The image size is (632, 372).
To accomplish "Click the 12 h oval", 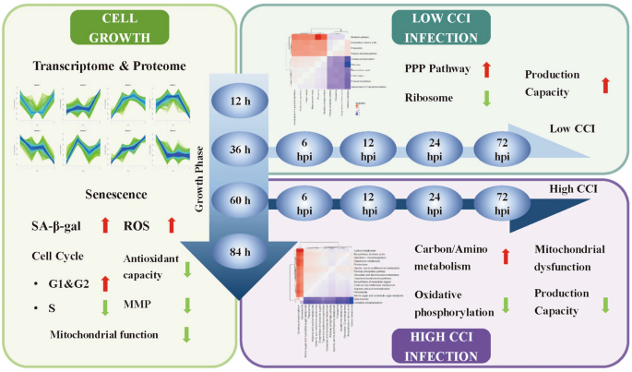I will coord(240,101).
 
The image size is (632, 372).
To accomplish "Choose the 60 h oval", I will coord(240,198).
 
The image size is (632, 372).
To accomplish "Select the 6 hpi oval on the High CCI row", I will coord(304,198).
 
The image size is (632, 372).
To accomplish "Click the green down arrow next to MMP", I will coord(188,303).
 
